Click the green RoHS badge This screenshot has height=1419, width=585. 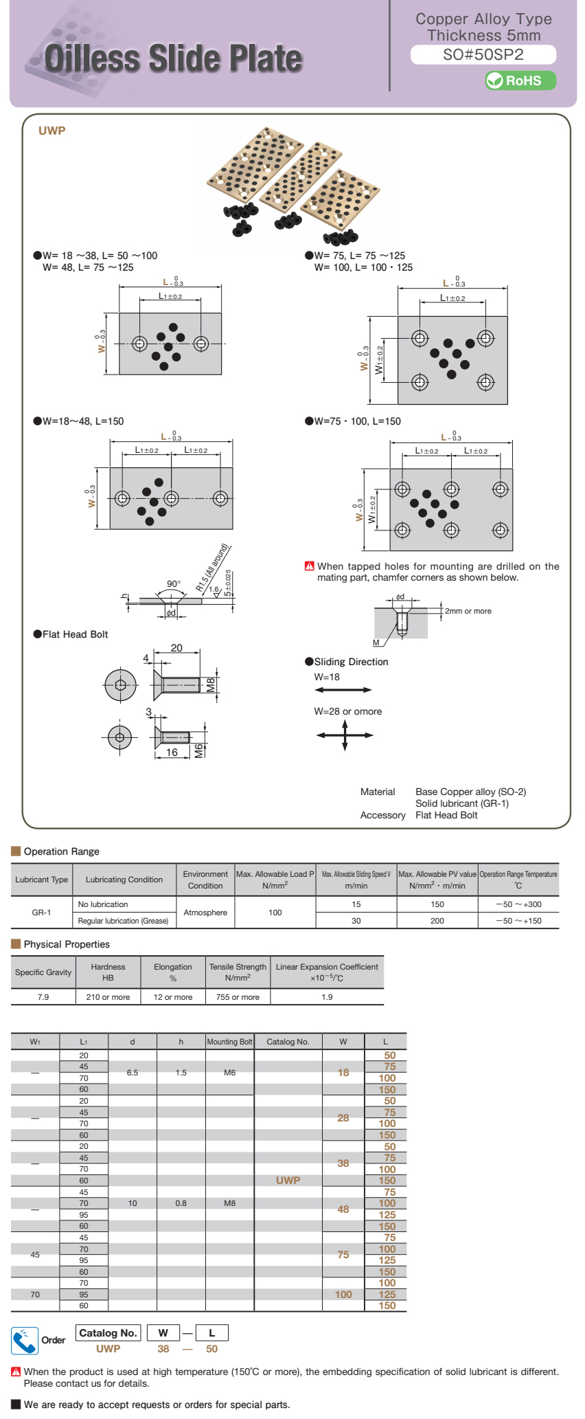[x=520, y=80]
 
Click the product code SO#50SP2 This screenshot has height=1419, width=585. [x=483, y=55]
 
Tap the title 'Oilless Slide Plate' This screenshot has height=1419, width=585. [x=173, y=58]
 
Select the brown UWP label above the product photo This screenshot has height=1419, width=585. [x=52, y=131]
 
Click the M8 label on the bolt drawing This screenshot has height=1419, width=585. [x=211, y=684]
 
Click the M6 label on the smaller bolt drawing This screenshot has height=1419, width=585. [x=199, y=750]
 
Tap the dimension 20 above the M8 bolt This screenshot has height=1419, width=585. [x=176, y=648]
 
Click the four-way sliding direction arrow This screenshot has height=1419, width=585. [x=345, y=735]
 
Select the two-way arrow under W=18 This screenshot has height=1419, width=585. [x=343, y=690]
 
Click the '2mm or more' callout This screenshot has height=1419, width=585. [x=468, y=611]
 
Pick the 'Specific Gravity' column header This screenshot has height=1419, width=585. [x=43, y=972]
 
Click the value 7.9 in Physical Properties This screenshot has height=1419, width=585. [x=43, y=997]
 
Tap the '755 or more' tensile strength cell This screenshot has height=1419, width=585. [x=238, y=997]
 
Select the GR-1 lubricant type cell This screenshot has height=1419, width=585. [x=42, y=913]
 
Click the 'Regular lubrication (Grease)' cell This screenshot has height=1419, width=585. [x=123, y=921]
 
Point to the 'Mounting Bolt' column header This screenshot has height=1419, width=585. [x=229, y=1042]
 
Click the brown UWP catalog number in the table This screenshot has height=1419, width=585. [x=288, y=1180]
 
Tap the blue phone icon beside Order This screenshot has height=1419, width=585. [x=25, y=1341]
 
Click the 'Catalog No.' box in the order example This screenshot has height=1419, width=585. [x=108, y=1333]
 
